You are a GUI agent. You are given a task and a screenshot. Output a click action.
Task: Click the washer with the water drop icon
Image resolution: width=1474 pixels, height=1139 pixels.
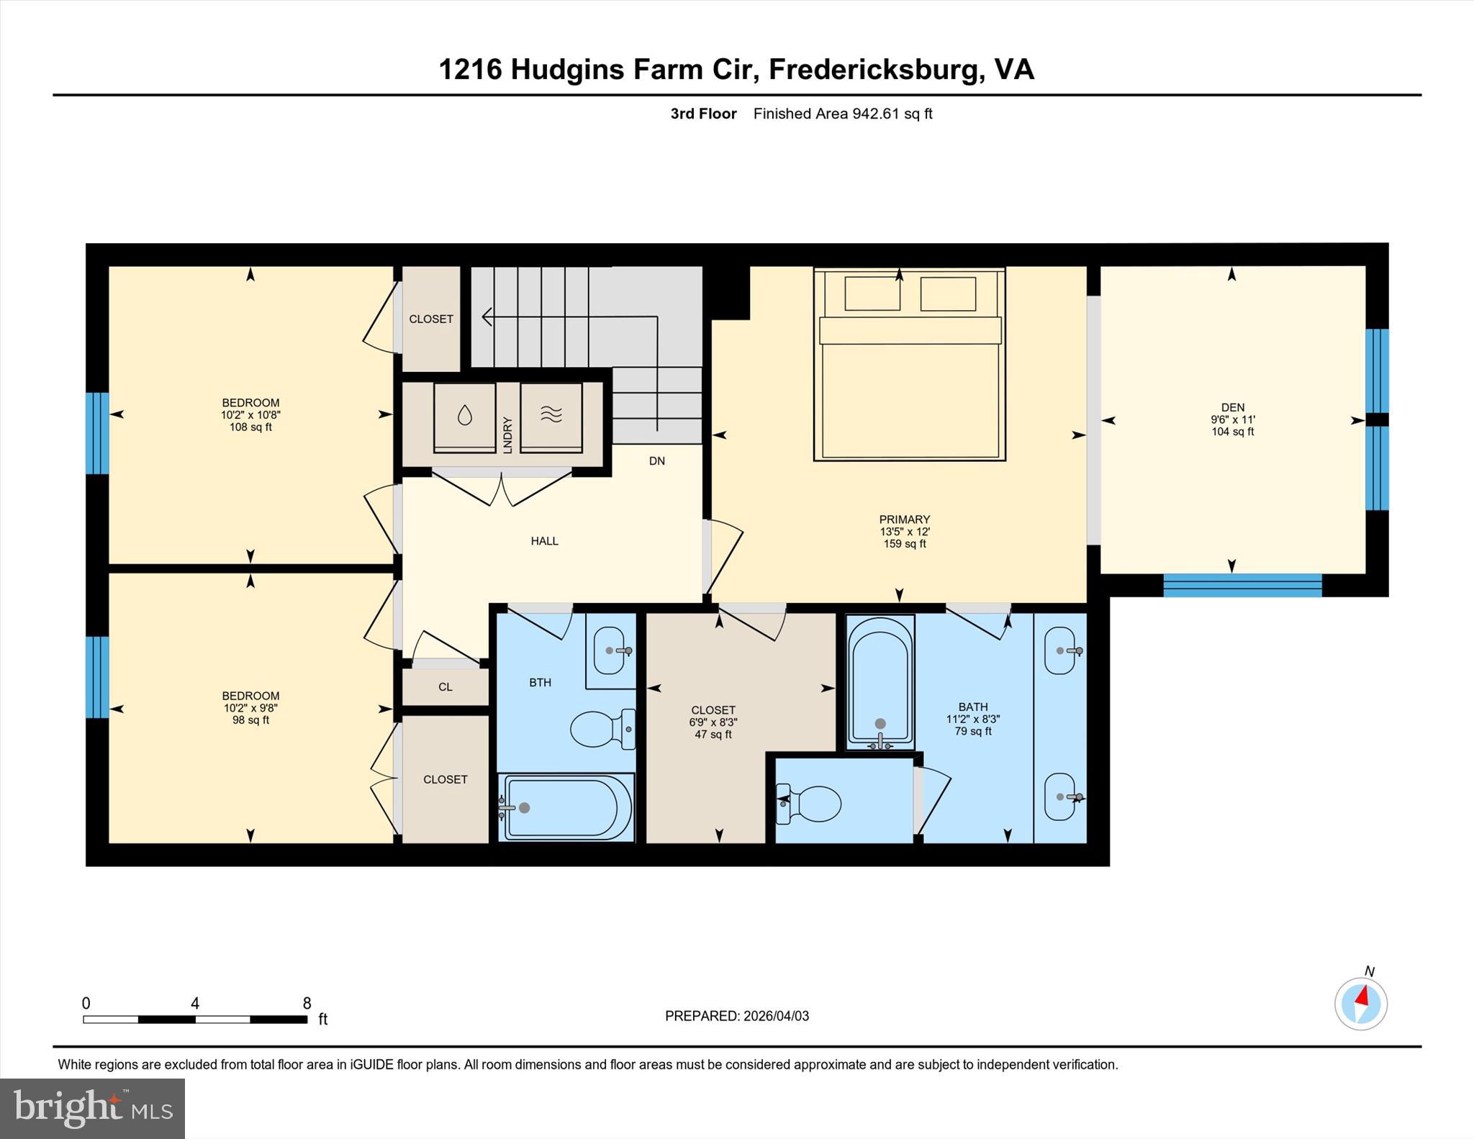465,417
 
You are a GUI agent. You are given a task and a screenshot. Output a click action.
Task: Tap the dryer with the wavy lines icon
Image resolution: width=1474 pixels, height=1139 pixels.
551,417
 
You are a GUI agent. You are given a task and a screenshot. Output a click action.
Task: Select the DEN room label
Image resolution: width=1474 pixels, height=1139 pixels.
1232,407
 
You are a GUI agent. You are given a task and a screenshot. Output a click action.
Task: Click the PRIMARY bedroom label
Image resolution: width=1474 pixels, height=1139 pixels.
904,519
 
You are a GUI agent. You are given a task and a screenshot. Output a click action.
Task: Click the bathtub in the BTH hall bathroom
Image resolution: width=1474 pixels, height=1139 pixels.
566,807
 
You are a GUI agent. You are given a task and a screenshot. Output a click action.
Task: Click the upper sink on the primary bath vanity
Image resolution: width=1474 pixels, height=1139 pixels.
1060,650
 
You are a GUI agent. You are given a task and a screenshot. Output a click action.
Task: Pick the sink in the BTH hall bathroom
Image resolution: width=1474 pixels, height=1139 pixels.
610,650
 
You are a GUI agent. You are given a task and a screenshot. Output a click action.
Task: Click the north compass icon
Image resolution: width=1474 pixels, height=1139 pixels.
1361,1003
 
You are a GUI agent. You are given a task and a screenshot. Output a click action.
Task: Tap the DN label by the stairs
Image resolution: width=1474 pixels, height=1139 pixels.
656,461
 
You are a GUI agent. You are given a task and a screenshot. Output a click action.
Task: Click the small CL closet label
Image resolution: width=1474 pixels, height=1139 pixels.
446,687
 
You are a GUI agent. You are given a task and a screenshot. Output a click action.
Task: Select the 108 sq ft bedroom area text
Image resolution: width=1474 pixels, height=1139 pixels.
250,427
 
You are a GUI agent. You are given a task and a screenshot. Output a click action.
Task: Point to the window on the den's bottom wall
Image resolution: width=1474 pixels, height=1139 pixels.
1242,585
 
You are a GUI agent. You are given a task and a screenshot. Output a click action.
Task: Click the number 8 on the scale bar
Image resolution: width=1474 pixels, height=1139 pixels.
307,1003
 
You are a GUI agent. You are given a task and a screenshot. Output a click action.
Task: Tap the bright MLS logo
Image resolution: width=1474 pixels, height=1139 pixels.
92,1108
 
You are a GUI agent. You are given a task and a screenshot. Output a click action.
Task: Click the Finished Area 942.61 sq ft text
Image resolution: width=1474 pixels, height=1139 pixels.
842,114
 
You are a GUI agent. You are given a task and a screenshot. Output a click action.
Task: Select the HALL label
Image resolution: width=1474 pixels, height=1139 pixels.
544,541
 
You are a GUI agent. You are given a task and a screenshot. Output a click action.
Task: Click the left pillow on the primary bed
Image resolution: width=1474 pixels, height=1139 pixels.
872,294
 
